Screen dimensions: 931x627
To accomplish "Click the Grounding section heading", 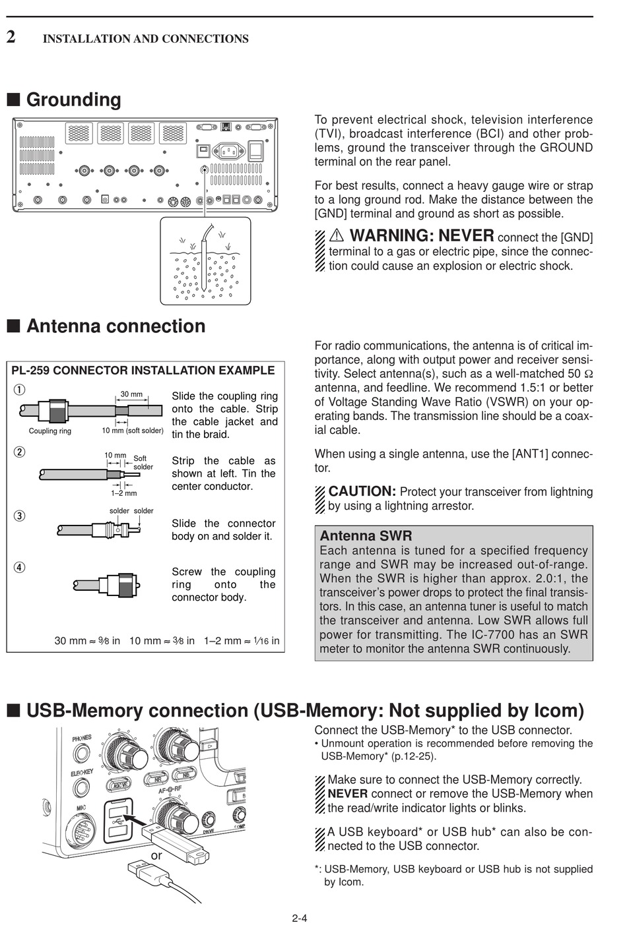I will [x=73, y=100].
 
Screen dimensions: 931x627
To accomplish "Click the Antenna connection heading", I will [x=115, y=326].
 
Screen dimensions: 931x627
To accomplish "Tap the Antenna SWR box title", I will [x=366, y=535].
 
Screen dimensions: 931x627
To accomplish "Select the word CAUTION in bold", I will [x=362, y=491].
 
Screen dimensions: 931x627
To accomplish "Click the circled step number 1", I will [x=20, y=389].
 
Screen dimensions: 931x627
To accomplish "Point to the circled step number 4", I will [x=20, y=567].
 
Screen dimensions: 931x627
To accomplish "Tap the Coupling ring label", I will [x=49, y=431].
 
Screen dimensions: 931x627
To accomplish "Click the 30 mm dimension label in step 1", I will [x=131, y=394].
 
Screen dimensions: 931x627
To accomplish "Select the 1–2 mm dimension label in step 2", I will [x=123, y=493].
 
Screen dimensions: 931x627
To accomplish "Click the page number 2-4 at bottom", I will [x=300, y=918].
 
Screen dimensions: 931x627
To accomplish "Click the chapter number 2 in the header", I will [x=11, y=37].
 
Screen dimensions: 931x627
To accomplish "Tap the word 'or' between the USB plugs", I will [x=156, y=855].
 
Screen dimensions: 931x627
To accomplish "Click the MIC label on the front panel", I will [x=81, y=808].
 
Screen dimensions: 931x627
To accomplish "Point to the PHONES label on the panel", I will [x=82, y=738].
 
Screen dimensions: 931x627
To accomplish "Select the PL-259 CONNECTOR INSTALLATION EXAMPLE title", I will [x=143, y=371].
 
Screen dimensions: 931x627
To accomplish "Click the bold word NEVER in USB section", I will [x=347, y=794].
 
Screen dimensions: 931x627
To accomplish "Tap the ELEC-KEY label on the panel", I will [x=82, y=772].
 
